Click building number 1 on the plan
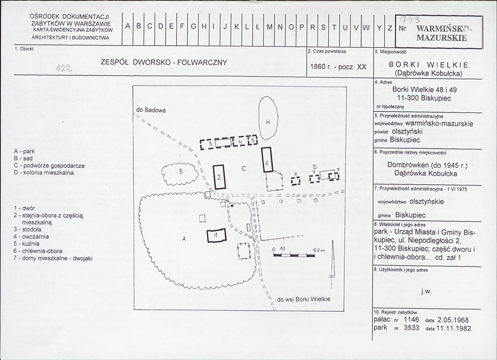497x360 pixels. click(x=217, y=236)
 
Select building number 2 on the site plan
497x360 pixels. click(x=219, y=177)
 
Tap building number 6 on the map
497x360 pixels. click(x=267, y=160)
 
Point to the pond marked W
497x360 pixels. click(x=268, y=118)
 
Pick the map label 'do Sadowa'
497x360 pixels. click(x=151, y=110)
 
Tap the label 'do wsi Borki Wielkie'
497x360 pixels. click(x=304, y=299)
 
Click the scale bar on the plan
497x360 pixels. click(x=294, y=255)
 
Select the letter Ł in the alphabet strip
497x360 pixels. click(x=257, y=27)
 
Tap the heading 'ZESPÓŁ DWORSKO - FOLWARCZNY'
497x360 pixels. click(x=164, y=63)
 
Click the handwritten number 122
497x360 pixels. click(x=64, y=68)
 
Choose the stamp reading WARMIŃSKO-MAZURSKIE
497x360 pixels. click(x=442, y=33)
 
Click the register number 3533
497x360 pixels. click(x=412, y=328)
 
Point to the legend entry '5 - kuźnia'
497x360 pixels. click(x=27, y=244)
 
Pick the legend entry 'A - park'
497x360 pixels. click(x=24, y=151)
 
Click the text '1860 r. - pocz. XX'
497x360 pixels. click(x=338, y=67)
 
